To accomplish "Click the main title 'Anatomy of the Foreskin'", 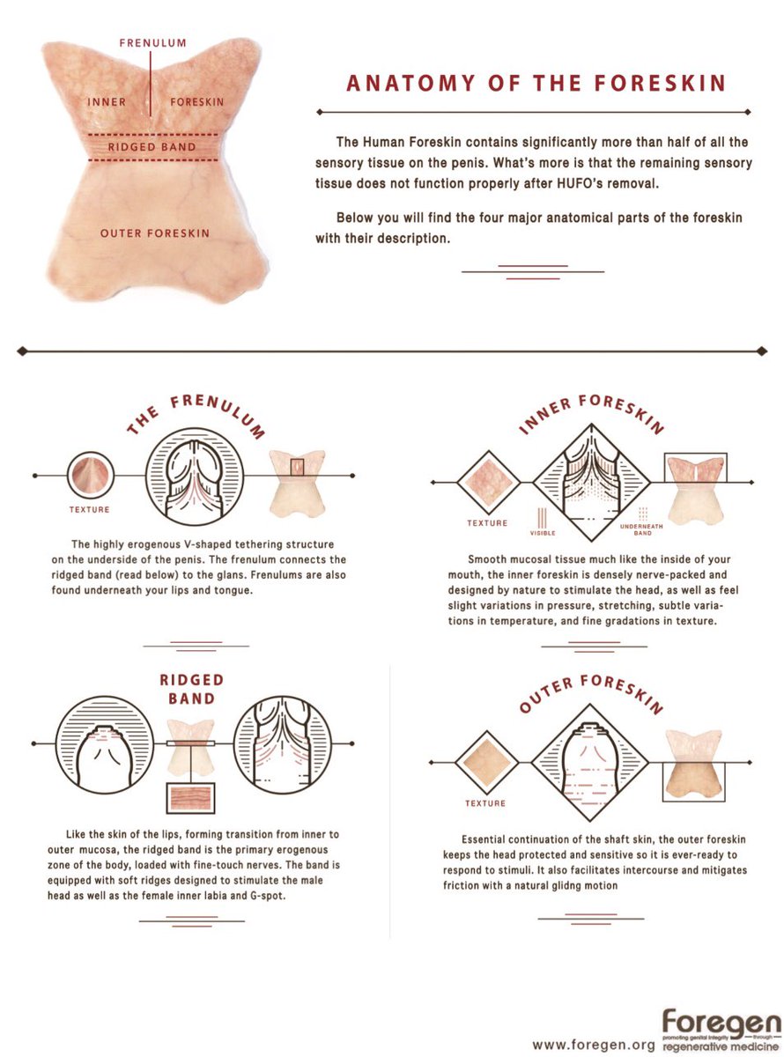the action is point(536,83).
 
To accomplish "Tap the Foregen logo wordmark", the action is point(721,1023).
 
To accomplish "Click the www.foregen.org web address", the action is point(594,1045).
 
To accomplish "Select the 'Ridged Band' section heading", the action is point(191,689).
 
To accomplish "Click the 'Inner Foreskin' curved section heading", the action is point(591,413).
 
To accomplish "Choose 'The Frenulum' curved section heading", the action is point(196,415).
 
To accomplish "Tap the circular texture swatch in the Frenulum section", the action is point(91,475).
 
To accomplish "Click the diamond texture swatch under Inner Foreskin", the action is point(489,483).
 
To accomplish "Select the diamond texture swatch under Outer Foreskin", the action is point(486,763).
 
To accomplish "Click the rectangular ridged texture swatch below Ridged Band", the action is point(190,798).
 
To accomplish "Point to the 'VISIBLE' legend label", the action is point(543,533).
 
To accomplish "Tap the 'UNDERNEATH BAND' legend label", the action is point(641,529).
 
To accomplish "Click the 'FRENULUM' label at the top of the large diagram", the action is point(152,43).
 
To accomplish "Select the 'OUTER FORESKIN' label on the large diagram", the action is point(155,233).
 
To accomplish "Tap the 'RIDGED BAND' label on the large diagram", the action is point(152,147).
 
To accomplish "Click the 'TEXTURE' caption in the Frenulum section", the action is point(90,509).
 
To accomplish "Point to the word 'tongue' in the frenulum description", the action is point(233,591).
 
